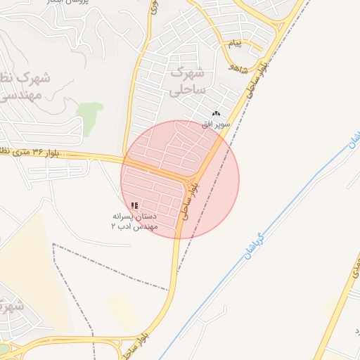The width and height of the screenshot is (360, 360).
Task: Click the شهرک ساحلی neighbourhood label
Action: click(187, 82)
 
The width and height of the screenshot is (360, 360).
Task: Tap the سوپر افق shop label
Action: click(217, 124)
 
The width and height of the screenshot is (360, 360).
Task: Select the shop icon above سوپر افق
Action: click(217, 114)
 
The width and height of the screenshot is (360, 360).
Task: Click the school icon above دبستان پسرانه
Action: click(134, 205)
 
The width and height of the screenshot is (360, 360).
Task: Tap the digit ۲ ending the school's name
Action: click(114, 227)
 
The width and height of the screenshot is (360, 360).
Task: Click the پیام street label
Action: click(235, 44)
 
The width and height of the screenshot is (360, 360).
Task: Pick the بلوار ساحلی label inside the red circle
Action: click(190, 201)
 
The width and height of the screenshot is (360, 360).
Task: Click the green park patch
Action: click(89, 114)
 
